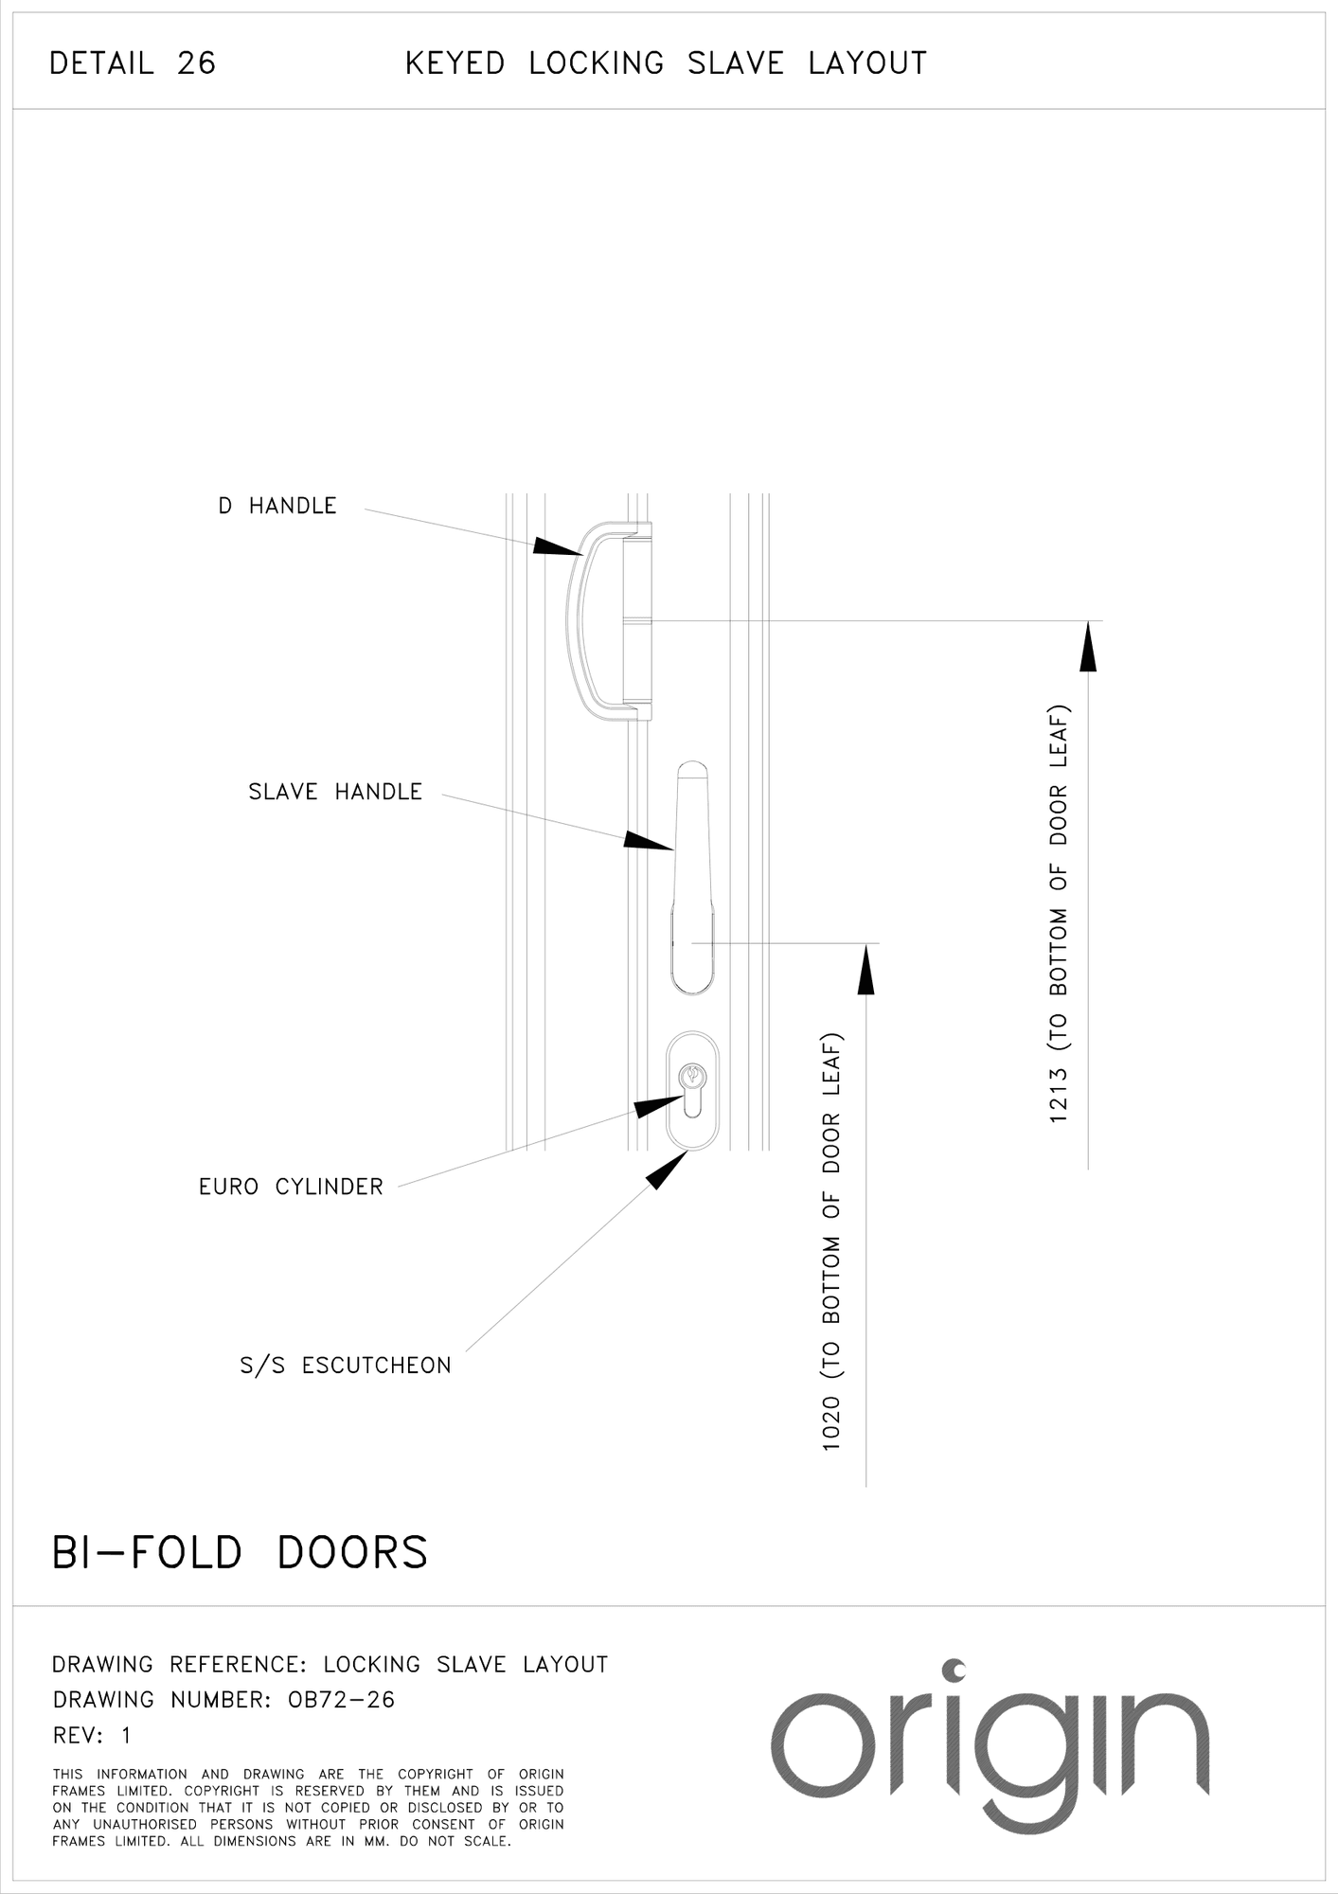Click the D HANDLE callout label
coord(277,507)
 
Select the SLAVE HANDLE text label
coord(334,792)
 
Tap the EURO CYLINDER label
coord(291,1187)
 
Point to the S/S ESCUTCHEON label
coord(345,1366)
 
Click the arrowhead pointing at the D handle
coord(557,546)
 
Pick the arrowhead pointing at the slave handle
coord(648,841)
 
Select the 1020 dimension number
coord(831,1423)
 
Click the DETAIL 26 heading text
coord(133,63)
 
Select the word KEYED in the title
coord(455,63)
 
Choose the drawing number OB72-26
coord(341,1700)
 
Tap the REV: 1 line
coord(92,1735)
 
